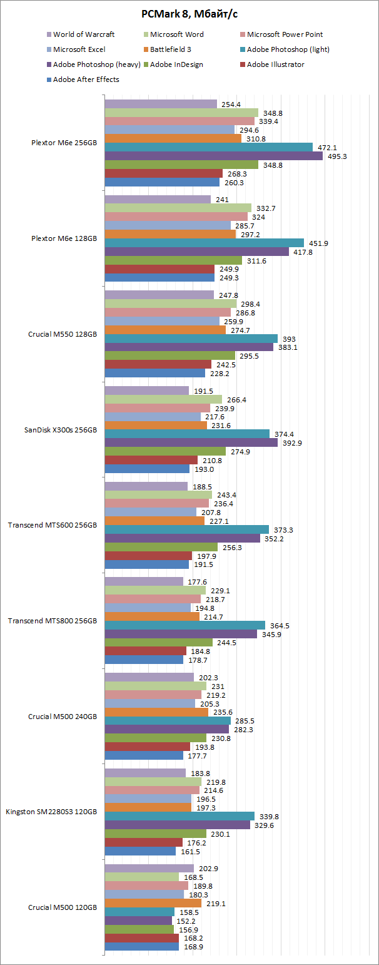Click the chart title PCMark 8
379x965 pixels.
click(189, 13)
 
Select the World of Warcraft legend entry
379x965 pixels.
click(83, 34)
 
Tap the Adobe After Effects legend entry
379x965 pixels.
click(86, 79)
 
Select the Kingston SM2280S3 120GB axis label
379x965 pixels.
click(51, 812)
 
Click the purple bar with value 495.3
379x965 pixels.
click(213, 156)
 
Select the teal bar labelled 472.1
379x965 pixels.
click(208, 147)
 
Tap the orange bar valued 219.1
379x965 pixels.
click(153, 903)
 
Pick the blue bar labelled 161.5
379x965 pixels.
click(140, 851)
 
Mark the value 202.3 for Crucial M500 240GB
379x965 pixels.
click(208, 678)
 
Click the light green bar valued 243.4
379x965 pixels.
click(158, 494)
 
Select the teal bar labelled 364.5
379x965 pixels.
click(184, 625)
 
